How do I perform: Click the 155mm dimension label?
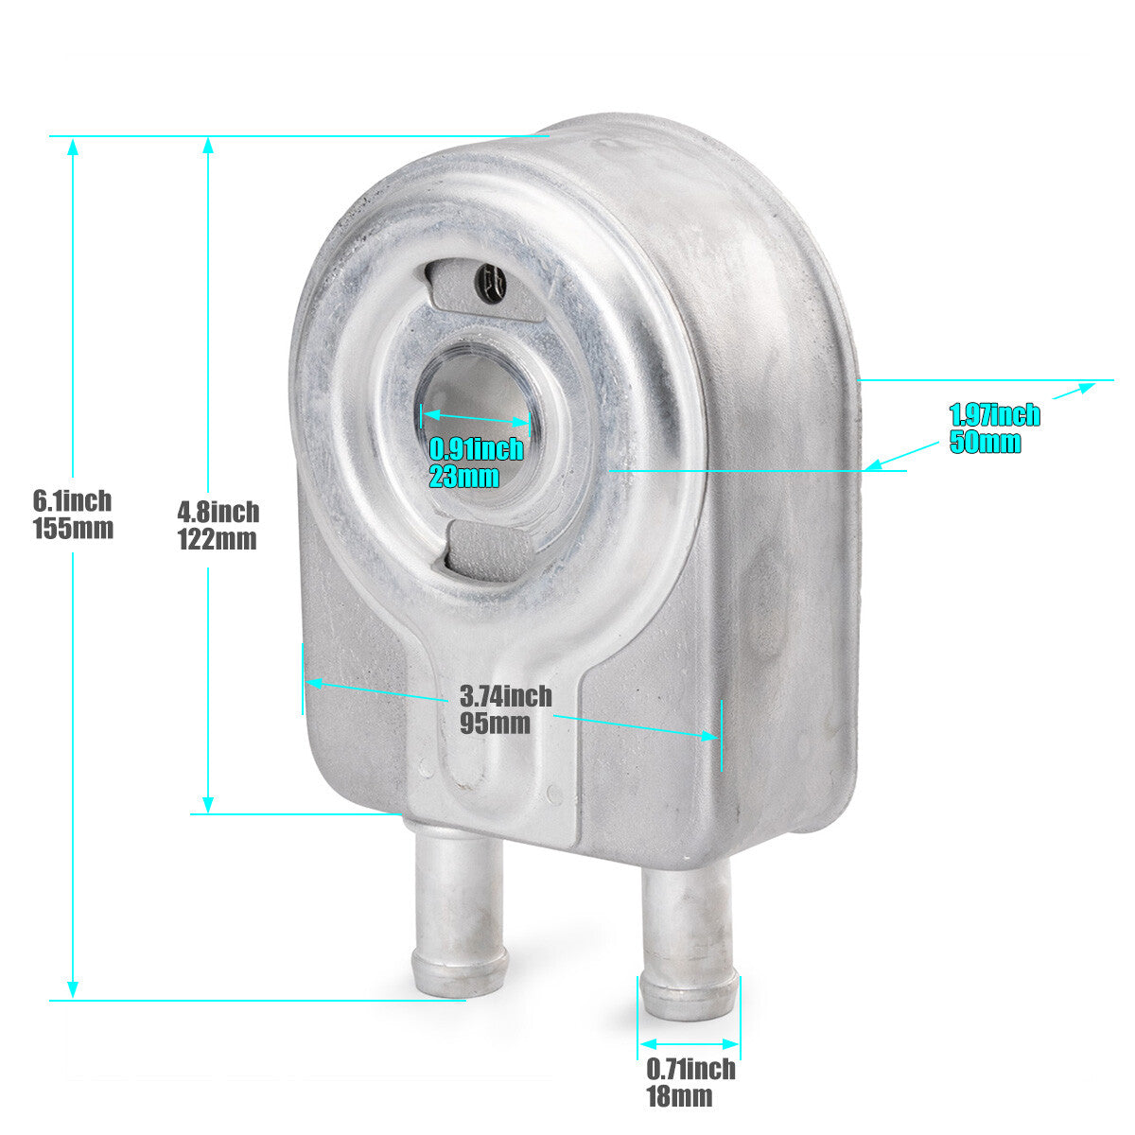[x=73, y=529]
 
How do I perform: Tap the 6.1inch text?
[x=73, y=501]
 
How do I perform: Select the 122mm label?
[x=218, y=539]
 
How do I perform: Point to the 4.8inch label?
[x=218, y=512]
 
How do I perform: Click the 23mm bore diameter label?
[x=464, y=476]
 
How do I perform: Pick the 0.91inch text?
[x=476, y=449]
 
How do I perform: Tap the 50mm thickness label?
[x=985, y=442]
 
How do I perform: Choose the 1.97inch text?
[x=995, y=414]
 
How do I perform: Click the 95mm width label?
[x=495, y=723]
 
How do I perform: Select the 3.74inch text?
[x=506, y=695]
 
